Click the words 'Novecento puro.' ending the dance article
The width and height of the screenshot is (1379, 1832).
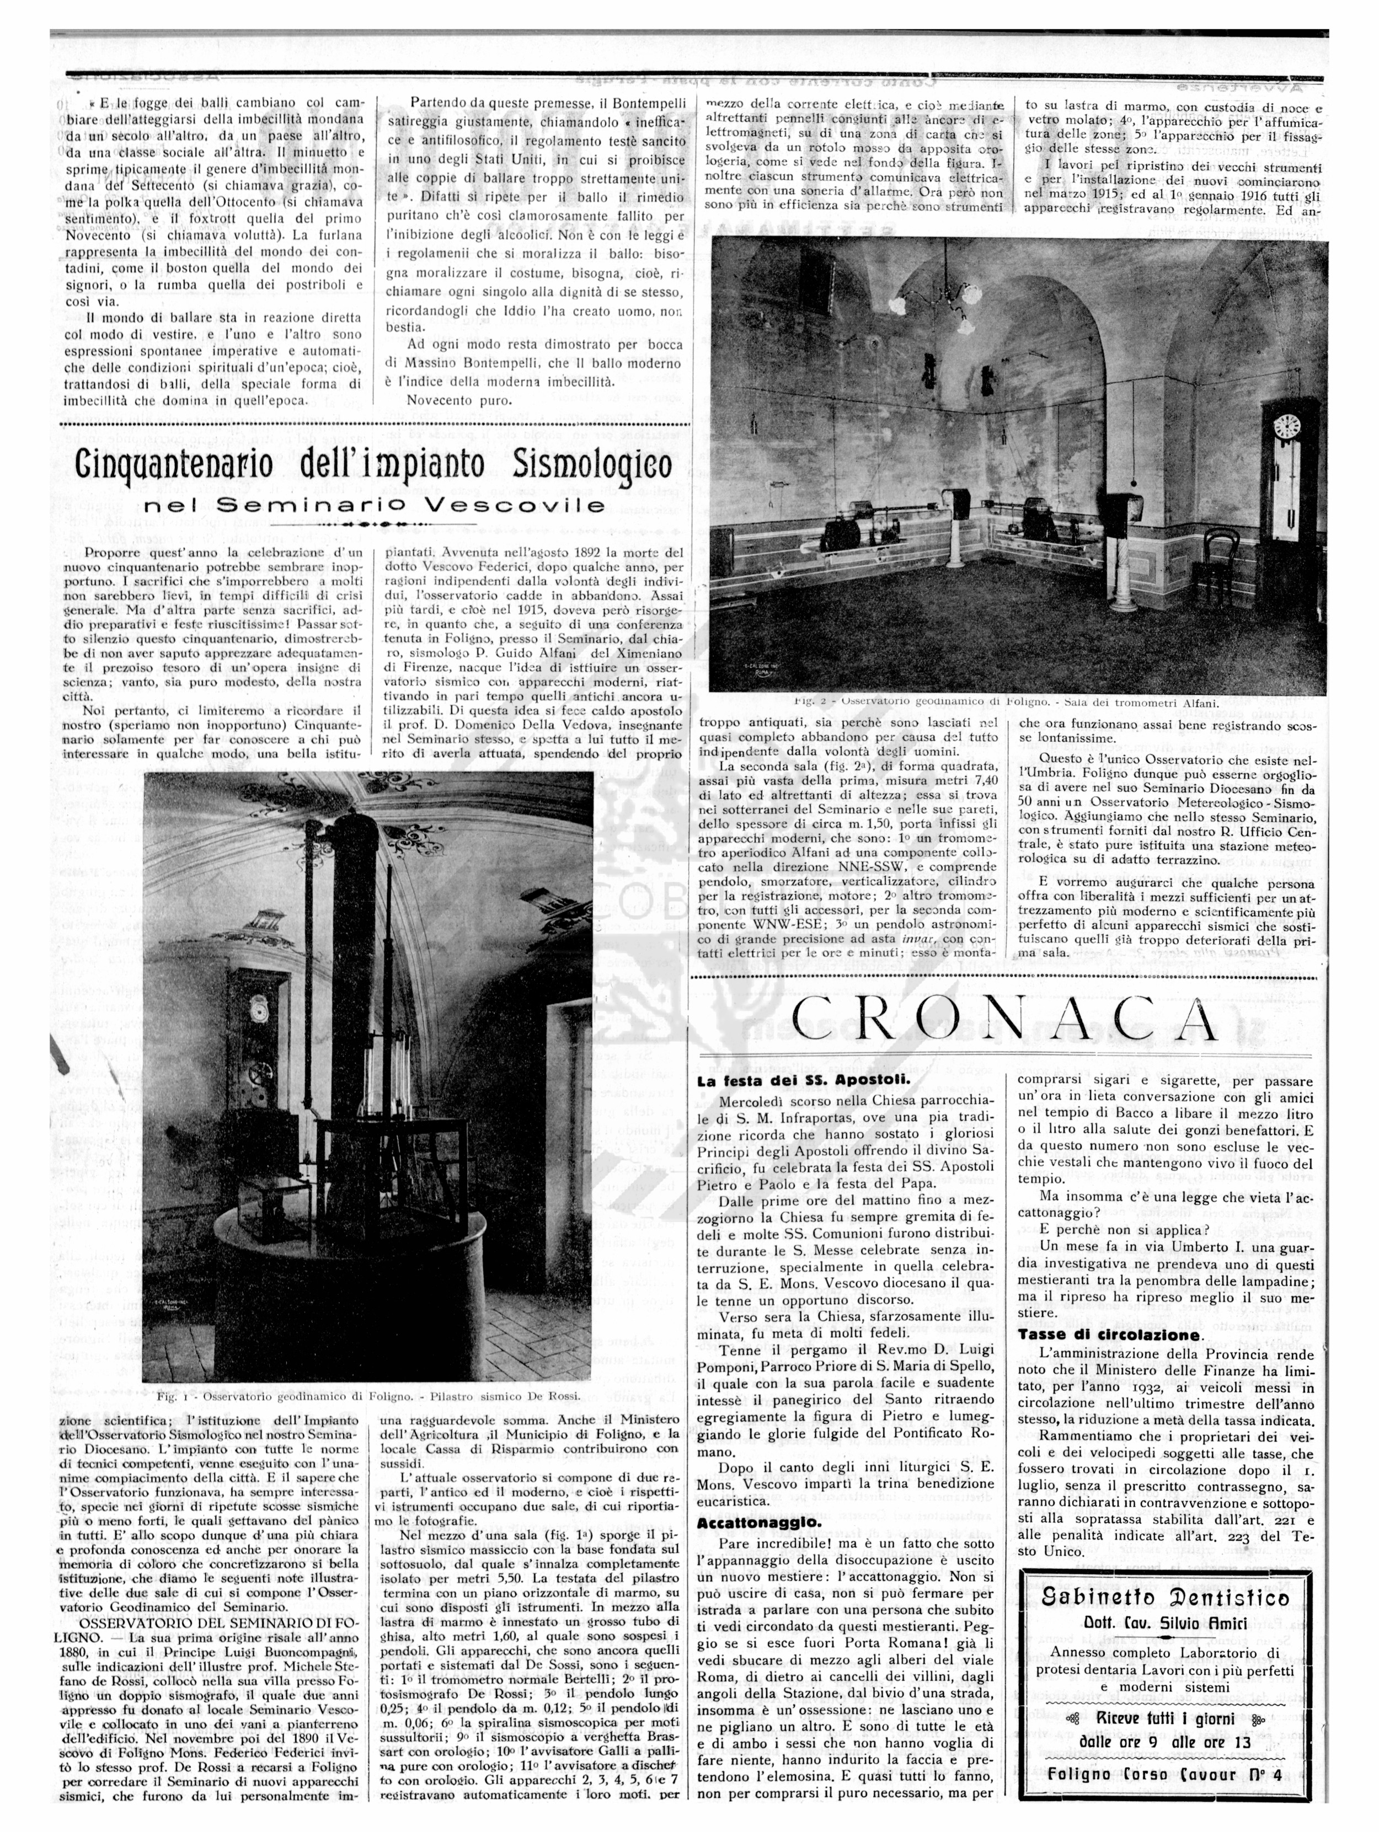458,401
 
